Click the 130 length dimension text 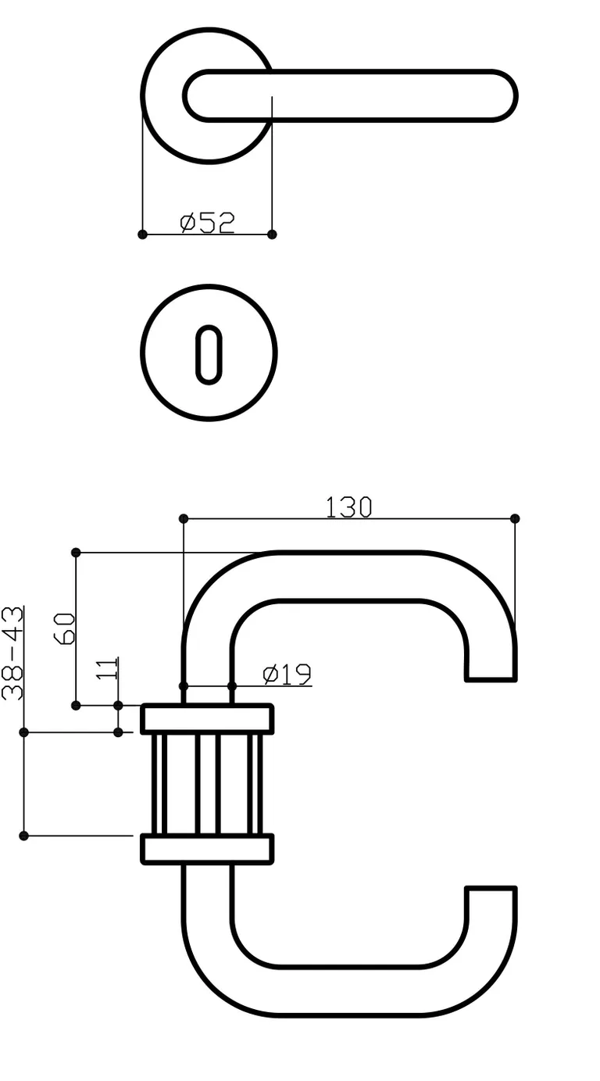348,507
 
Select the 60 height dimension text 66,628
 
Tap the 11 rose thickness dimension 110,669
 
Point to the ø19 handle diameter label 287,674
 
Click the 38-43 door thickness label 13,653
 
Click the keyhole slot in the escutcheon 209,353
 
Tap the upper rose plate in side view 207,719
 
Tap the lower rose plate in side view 207,849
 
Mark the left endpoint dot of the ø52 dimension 142,234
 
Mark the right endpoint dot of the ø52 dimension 272,234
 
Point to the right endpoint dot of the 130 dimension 515,518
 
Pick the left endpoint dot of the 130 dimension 184,518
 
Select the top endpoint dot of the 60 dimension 76,553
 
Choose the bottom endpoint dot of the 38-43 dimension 23,836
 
